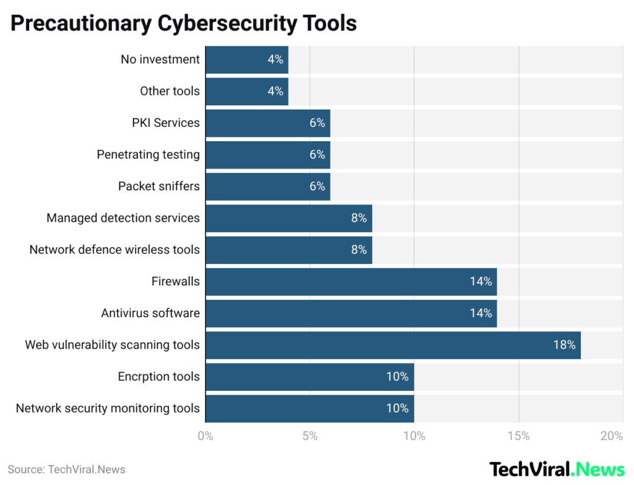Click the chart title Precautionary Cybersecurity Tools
click(x=183, y=23)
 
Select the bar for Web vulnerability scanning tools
click(x=393, y=345)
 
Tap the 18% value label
click(x=564, y=345)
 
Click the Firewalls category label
click(x=175, y=281)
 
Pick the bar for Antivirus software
click(x=350, y=313)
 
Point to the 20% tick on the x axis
click(x=611, y=436)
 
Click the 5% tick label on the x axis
click(x=310, y=436)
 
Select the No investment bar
click(x=246, y=59)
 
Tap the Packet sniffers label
click(x=158, y=186)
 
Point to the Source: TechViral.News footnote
click(x=66, y=470)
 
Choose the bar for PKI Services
click(x=267, y=123)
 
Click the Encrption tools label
click(x=158, y=377)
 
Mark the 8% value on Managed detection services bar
click(x=358, y=218)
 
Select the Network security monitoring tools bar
click(x=309, y=408)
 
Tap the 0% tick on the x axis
click(x=206, y=436)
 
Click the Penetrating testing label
click(x=148, y=154)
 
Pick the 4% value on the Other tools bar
click(x=275, y=91)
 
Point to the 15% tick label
click(x=518, y=436)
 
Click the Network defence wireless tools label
click(x=115, y=250)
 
